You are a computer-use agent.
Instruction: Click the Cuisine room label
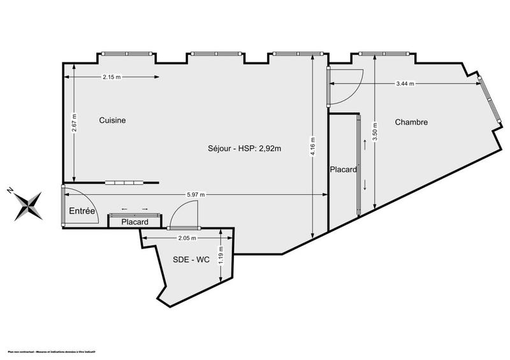pos(112,120)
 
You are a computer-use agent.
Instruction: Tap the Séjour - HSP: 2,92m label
pos(245,149)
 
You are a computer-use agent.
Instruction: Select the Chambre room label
pos(411,122)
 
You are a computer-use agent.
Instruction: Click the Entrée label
pos(82,211)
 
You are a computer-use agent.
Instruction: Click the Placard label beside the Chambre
pos(343,169)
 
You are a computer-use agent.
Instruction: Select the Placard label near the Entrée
pos(135,222)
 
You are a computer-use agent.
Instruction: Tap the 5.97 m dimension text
pos(195,195)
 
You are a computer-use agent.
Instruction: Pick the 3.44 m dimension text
pos(405,83)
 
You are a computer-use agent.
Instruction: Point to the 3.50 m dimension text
pos(375,131)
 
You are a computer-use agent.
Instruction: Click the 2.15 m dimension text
pos(112,77)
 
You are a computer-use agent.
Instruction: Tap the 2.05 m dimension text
pos(186,238)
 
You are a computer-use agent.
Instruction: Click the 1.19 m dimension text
pos(220,259)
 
